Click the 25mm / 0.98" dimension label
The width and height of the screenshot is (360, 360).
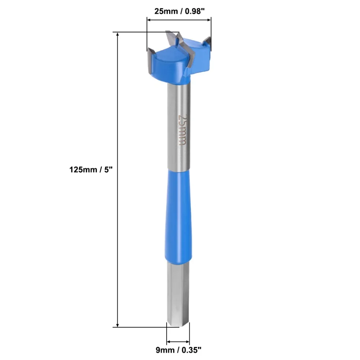pyautogui.click(x=179, y=11)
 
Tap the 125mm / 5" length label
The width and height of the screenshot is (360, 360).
pyautogui.click(x=91, y=170)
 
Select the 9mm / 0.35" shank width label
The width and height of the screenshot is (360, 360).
pyautogui.click(x=179, y=350)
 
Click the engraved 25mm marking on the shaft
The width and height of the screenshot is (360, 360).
pyautogui.click(x=183, y=130)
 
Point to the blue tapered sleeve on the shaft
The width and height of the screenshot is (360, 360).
pyautogui.click(x=179, y=215)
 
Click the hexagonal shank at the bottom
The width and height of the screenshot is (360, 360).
pyautogui.click(x=178, y=294)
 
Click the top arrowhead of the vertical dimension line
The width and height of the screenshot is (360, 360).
pyautogui.click(x=118, y=35)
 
